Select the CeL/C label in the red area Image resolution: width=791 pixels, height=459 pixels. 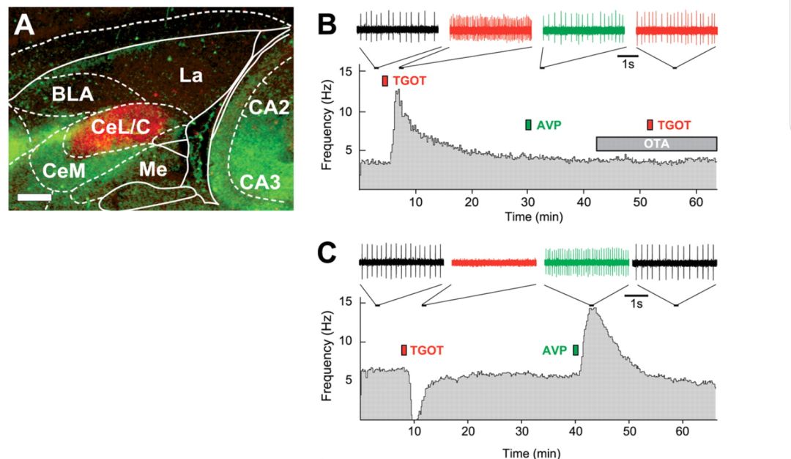(x=120, y=127)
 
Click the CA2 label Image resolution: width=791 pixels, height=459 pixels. (x=268, y=108)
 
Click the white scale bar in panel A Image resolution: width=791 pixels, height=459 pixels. (x=34, y=197)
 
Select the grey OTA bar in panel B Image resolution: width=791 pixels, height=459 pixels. (x=656, y=144)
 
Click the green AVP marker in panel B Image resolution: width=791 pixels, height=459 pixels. (x=528, y=125)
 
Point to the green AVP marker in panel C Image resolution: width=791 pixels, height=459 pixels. (x=576, y=350)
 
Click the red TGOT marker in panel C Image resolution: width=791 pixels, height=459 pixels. (x=404, y=350)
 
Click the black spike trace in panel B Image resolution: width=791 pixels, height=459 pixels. (x=397, y=29)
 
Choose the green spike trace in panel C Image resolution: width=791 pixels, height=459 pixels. (x=587, y=262)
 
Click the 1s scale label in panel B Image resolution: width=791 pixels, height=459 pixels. (x=628, y=64)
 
